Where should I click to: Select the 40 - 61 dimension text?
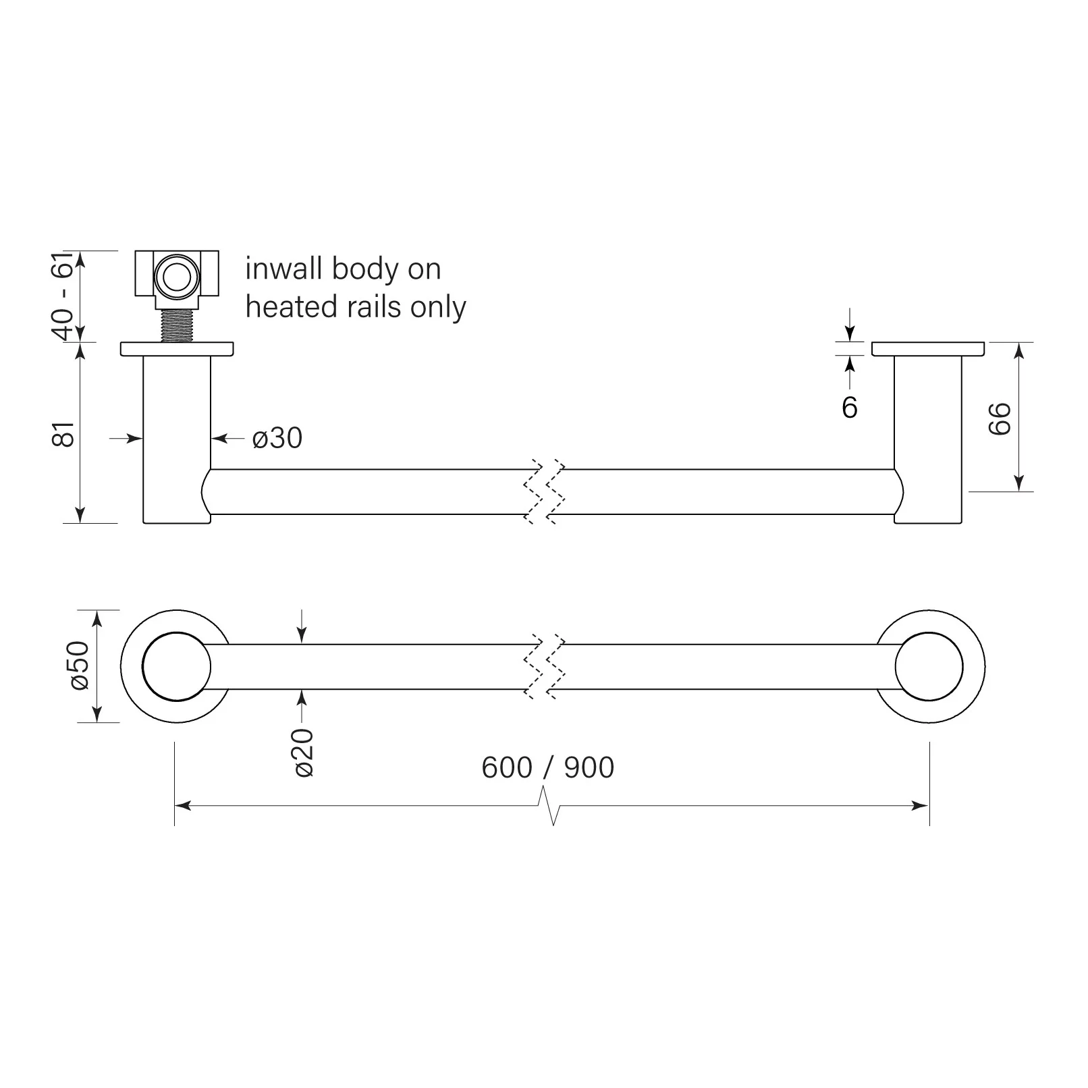click(65, 296)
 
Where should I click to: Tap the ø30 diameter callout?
click(277, 438)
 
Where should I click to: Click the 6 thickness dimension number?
click(850, 407)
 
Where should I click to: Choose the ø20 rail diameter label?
click(304, 753)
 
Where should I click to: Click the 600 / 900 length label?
click(547, 767)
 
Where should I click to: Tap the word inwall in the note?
click(283, 269)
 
